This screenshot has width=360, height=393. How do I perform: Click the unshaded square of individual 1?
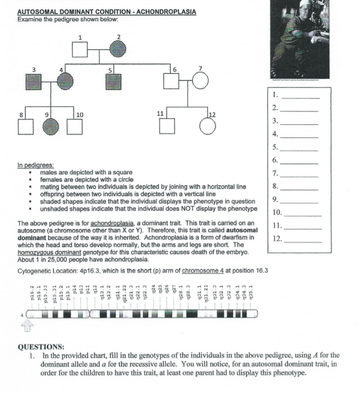pos(81,50)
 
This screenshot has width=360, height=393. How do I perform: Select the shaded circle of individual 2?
pos(118,50)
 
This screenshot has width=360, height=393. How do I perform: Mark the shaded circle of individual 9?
pos(50,126)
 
